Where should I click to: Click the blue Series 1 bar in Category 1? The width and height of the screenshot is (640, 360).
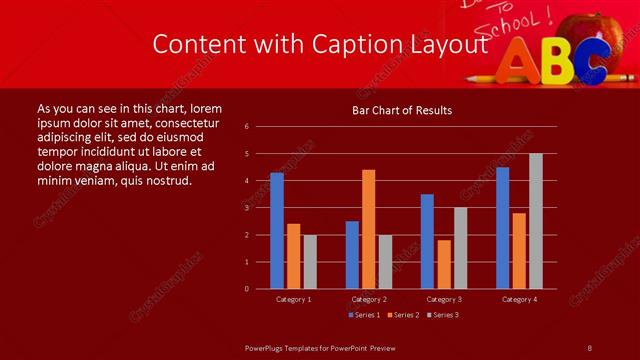pyautogui.click(x=277, y=231)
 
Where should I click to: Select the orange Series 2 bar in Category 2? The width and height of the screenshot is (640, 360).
pyautogui.click(x=369, y=229)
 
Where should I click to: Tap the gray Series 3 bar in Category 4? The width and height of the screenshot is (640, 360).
pyautogui.click(x=536, y=221)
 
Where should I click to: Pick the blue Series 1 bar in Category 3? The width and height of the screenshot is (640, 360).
pyautogui.click(x=427, y=241)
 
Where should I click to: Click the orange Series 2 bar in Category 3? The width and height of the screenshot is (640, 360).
pyautogui.click(x=444, y=264)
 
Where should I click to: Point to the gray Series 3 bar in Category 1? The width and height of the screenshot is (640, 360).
pyautogui.click(x=310, y=262)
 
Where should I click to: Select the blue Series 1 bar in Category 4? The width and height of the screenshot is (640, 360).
pyautogui.click(x=502, y=228)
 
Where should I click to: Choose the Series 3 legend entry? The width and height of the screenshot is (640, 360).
pyautogui.click(x=443, y=316)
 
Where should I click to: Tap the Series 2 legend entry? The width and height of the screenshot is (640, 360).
pyautogui.click(x=404, y=316)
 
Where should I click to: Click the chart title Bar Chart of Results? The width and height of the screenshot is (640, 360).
pyautogui.click(x=402, y=110)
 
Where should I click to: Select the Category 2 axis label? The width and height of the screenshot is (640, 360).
pyautogui.click(x=369, y=299)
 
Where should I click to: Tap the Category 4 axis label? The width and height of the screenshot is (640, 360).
pyautogui.click(x=519, y=299)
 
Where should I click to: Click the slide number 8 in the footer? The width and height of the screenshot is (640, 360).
pyautogui.click(x=590, y=347)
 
